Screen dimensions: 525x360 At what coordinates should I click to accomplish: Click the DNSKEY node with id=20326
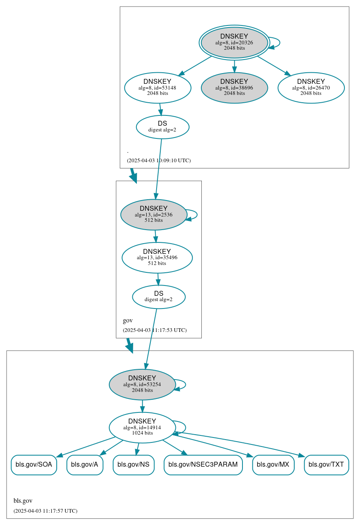(x=234, y=42)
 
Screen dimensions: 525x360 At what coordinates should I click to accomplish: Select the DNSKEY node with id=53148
(x=157, y=87)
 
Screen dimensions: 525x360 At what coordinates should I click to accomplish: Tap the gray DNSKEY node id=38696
(x=234, y=87)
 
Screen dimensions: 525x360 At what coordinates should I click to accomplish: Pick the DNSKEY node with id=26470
(x=311, y=87)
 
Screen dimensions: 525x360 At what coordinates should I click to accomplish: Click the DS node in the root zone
(x=162, y=127)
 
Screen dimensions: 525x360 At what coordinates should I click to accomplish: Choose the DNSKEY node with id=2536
(x=154, y=214)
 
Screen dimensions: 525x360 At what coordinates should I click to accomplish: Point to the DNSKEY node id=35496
(x=157, y=258)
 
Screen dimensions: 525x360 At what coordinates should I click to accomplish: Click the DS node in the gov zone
(x=159, y=297)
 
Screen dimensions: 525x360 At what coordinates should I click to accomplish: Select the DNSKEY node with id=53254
(x=142, y=385)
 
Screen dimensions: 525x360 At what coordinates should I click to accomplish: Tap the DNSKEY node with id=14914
(x=142, y=428)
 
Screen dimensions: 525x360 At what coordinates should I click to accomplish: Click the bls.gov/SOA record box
(x=34, y=465)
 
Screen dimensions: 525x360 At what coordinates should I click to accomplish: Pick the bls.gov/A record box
(x=85, y=465)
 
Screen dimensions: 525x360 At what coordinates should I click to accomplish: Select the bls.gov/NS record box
(x=134, y=465)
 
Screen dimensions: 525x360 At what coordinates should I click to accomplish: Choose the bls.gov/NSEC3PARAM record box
(x=203, y=465)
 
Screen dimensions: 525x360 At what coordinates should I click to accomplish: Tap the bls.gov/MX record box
(x=273, y=465)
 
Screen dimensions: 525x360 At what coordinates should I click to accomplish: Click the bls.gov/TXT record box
(x=326, y=465)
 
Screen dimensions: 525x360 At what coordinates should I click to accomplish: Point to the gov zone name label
(x=128, y=320)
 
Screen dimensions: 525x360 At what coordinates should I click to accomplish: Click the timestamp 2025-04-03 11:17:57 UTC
(x=45, y=511)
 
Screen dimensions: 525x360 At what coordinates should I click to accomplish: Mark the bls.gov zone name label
(x=23, y=501)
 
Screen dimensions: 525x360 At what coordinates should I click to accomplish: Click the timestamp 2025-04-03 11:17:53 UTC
(x=155, y=330)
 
